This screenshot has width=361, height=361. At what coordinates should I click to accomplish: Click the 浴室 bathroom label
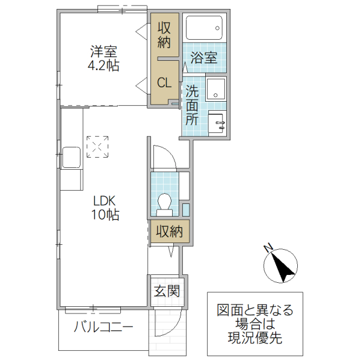[x=204, y=58]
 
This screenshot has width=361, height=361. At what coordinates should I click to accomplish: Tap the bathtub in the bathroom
[x=204, y=28]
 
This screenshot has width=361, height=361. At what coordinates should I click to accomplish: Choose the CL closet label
[x=165, y=83]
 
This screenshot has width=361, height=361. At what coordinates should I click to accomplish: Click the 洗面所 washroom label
[x=191, y=105]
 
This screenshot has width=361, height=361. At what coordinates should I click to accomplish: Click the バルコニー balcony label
[x=103, y=328]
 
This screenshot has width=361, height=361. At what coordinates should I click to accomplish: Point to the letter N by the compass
[x=268, y=247]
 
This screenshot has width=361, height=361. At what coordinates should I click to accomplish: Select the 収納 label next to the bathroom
[x=164, y=35]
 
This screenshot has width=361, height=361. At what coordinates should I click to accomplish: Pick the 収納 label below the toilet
[x=169, y=231]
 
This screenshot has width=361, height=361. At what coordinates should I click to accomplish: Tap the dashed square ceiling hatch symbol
[x=97, y=146]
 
